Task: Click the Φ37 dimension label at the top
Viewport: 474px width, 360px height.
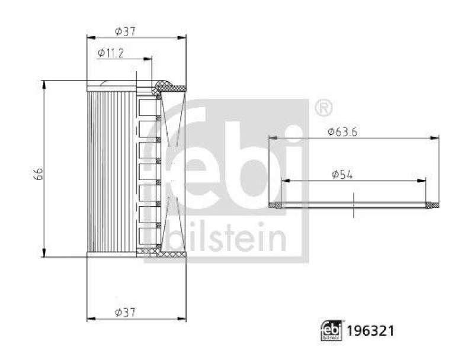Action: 126,31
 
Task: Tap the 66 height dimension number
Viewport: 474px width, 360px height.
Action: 38,173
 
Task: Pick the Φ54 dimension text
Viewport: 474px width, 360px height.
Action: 342,174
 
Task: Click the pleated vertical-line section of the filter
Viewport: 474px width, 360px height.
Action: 111,172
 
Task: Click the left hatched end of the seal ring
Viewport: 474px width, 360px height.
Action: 276,205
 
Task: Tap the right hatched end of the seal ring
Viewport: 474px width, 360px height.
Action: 434,205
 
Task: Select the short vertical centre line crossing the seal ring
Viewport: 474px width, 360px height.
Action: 353,206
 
